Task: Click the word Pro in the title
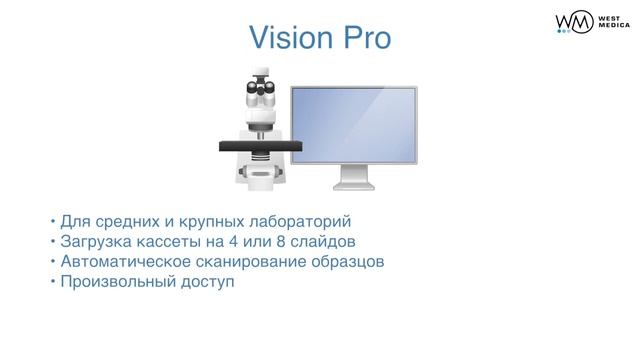coord(363,39)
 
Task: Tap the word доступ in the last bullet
coord(205,283)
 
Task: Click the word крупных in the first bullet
coord(199,221)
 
